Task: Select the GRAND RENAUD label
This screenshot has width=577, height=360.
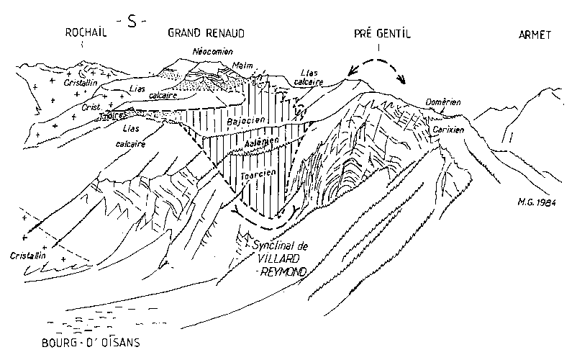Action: point(206,33)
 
